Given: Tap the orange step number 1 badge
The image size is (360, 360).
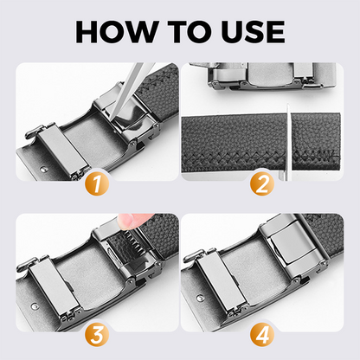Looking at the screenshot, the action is [x=97, y=183].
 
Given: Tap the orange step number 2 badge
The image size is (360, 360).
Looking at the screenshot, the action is [x=262, y=183].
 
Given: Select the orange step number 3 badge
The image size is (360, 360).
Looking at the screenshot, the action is [x=97, y=335].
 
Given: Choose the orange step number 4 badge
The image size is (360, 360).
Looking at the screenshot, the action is [x=262, y=335].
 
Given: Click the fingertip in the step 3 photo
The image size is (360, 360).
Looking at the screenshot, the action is [x=131, y=221].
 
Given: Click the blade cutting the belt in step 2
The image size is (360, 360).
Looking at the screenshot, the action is [x=287, y=142].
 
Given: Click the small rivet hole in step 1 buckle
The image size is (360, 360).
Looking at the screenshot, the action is [x=43, y=168].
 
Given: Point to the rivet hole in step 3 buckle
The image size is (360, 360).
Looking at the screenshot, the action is [x=35, y=306].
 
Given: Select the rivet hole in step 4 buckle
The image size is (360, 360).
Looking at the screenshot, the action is [x=200, y=298].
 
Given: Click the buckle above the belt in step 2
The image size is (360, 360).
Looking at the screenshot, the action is [x=271, y=75].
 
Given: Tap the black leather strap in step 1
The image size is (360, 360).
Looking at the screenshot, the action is [x=158, y=93].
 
